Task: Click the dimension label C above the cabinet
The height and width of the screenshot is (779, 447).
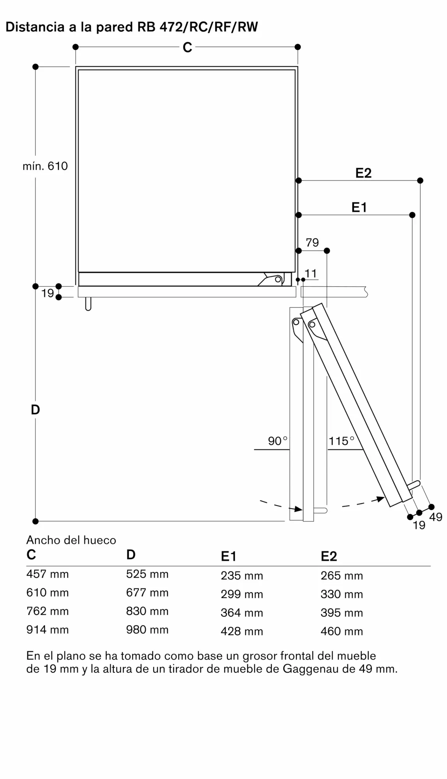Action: tap(187, 48)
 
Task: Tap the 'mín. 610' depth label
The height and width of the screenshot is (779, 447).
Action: tap(45, 166)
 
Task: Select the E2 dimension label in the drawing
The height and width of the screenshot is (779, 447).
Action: tap(363, 173)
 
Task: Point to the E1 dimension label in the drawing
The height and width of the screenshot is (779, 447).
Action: tap(359, 207)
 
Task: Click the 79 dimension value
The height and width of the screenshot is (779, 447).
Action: tap(312, 243)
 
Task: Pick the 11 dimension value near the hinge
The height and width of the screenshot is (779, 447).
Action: tap(311, 273)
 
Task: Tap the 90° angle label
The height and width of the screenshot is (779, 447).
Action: tap(277, 441)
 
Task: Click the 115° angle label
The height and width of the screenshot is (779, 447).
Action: tap(341, 441)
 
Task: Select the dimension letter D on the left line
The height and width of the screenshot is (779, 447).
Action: tap(35, 409)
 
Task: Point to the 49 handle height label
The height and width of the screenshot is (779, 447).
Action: tap(436, 517)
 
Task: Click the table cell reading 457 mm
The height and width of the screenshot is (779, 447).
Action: tap(48, 574)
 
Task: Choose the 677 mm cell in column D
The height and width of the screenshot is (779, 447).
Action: tap(147, 592)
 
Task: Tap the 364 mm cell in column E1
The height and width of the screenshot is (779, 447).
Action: tap(242, 613)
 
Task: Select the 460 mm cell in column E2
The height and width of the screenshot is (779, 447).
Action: tap(341, 631)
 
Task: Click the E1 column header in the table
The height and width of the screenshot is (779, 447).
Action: tap(229, 556)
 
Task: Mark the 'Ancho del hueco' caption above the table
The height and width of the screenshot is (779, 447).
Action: tap(71, 540)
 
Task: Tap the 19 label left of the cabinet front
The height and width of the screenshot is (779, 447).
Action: tap(48, 293)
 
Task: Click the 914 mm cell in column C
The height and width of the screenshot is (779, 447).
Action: tap(48, 629)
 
